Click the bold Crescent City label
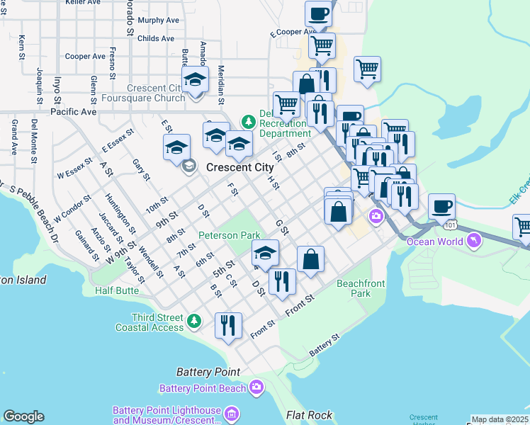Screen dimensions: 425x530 click(239, 168)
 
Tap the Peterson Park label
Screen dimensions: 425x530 click(229, 234)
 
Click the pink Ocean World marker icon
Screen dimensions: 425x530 click(473, 242)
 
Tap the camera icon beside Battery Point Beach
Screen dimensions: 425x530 click(256, 387)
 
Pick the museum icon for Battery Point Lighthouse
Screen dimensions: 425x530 click(232, 413)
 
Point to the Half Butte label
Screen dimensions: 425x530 click(117, 290)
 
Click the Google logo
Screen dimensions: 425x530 click(23, 416)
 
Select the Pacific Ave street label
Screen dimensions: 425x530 click(73, 112)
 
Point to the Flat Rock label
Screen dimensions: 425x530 click(310, 415)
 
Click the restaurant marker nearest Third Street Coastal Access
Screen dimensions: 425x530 click(228, 326)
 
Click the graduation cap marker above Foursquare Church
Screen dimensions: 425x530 click(195, 80)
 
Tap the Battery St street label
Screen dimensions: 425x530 click(325, 346)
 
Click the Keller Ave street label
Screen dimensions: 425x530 click(82, 3)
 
